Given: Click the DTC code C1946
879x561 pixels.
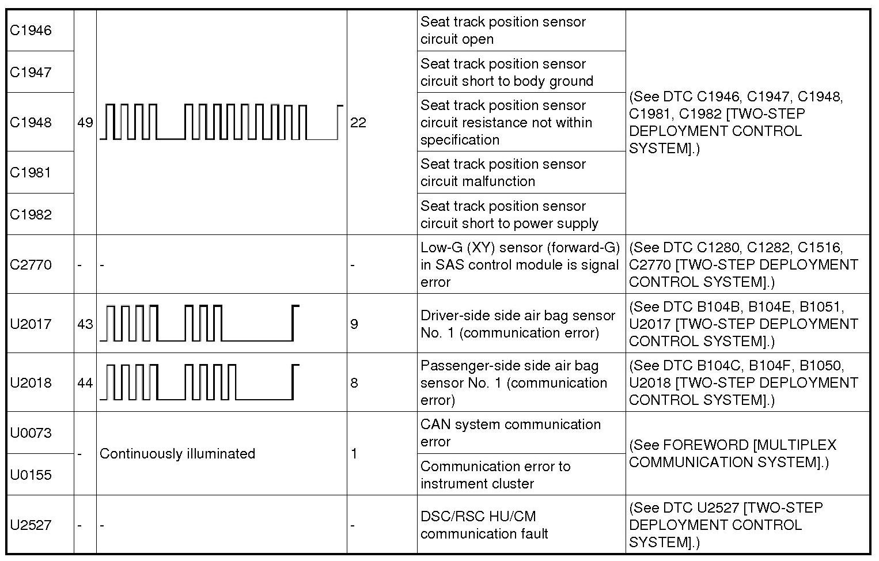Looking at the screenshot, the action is (31, 31).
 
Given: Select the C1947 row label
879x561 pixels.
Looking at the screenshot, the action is (31, 73).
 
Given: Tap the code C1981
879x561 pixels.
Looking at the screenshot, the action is (31, 172).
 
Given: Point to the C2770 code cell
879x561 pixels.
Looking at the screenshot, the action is (31, 265).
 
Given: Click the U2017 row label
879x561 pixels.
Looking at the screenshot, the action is (31, 324).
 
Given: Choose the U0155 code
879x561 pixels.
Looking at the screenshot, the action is (31, 475).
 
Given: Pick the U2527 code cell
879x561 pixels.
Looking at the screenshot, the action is (31, 525).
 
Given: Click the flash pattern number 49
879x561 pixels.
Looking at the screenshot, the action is (85, 123).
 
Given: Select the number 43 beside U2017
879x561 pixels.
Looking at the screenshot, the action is (85, 324).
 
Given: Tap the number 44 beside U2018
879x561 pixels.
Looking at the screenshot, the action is (85, 382).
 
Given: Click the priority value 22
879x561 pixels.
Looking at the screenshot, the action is (358, 123).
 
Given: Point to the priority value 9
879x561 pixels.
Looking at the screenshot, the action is (354, 324).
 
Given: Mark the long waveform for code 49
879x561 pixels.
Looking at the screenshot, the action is (221, 122).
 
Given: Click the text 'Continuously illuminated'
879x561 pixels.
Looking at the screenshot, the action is (177, 454).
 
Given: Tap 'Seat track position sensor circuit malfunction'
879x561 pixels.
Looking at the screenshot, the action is (503, 172).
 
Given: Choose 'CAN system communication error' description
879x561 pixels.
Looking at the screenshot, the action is (510, 433).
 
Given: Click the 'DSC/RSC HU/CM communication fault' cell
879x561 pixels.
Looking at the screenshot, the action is (484, 525).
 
